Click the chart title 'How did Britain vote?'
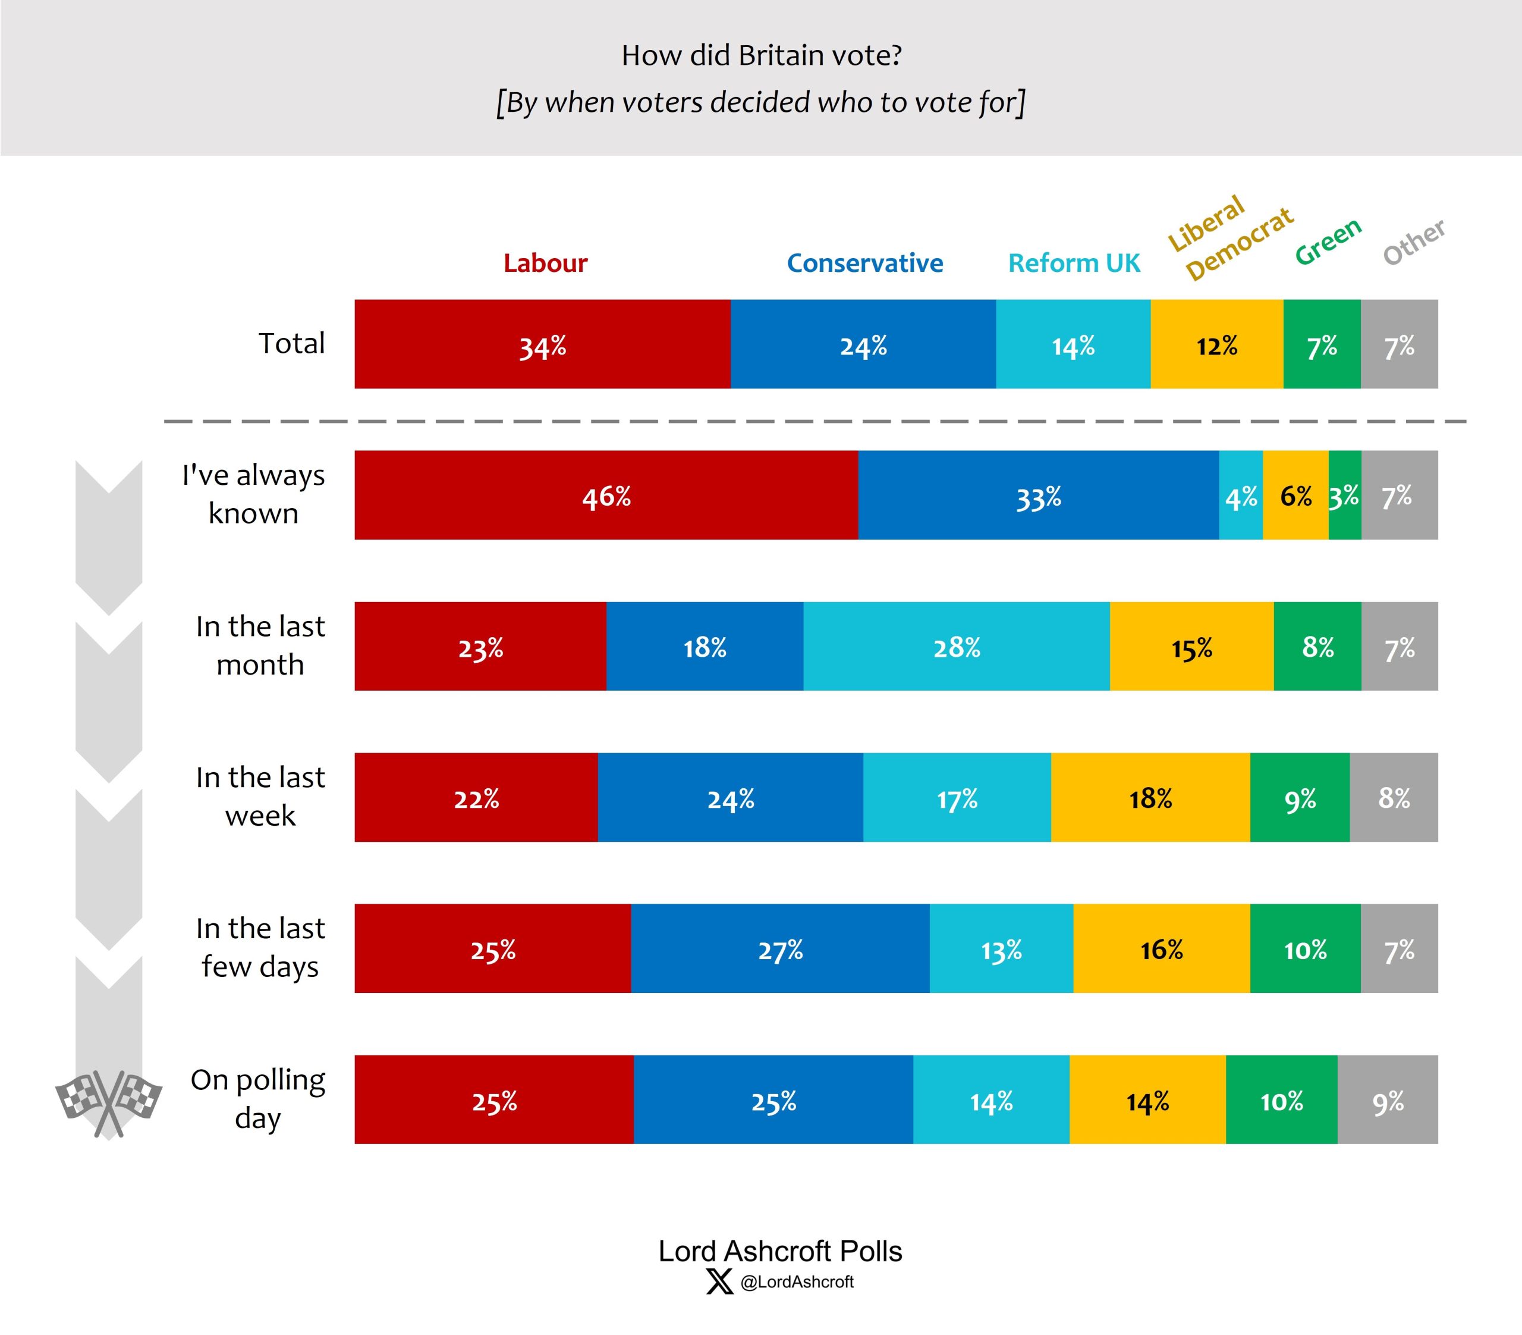(761, 56)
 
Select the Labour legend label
(545, 263)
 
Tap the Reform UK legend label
(1074, 263)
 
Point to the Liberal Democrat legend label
(1229, 237)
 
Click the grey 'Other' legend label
(1413, 242)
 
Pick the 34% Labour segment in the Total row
(542, 345)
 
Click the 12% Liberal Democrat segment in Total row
(1216, 345)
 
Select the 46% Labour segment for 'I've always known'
(606, 496)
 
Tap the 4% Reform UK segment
(1241, 496)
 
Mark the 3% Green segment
(1344, 496)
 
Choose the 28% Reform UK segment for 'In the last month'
(956, 647)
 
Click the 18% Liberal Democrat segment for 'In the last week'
(1150, 798)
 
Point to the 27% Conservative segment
(779, 949)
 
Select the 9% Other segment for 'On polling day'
(1387, 1101)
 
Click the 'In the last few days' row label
(260, 947)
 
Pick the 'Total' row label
(291, 343)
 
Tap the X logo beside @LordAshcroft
(719, 1282)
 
